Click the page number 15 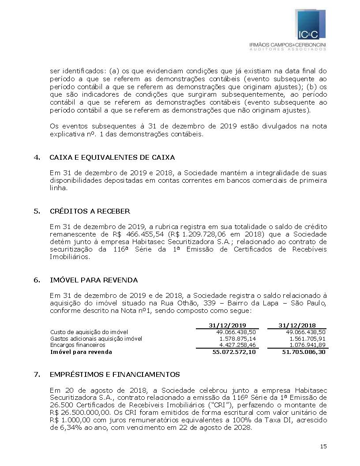[x=323, y=447]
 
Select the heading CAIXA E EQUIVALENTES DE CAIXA [x=112, y=158]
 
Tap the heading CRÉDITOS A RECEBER [x=90, y=211]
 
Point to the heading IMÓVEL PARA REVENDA [x=94, y=280]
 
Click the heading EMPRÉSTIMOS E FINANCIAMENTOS [x=115, y=375]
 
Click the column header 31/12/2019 [x=226, y=325]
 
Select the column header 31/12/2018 [x=296, y=325]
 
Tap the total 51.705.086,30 [x=304, y=352]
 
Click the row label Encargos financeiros [x=78, y=345]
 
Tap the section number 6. [x=37, y=280]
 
